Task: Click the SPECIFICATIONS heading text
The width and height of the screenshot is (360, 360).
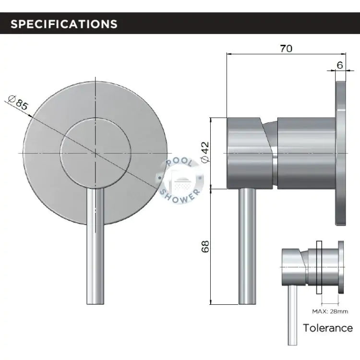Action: click(x=64, y=24)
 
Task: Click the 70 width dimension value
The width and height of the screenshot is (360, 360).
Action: click(x=286, y=48)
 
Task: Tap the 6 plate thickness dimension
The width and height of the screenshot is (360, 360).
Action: click(x=340, y=65)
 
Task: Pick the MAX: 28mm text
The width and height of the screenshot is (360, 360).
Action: click(x=330, y=312)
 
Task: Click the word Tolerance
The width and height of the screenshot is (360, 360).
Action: click(x=328, y=328)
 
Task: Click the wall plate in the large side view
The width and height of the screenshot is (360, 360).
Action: click(x=340, y=154)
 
